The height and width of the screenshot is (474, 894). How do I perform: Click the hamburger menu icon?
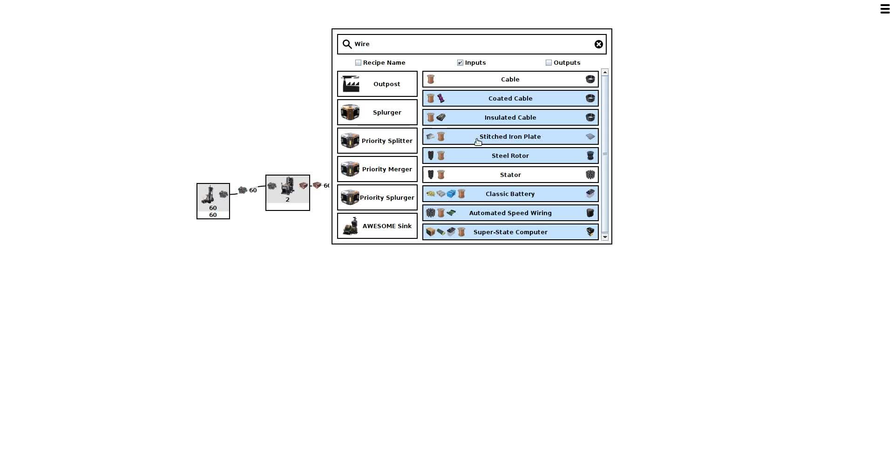(885, 9)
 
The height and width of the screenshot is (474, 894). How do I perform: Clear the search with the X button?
(598, 44)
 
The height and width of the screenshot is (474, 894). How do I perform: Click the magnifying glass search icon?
(347, 44)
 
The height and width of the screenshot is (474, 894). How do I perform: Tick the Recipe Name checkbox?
(358, 63)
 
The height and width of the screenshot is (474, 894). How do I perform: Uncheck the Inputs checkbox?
(460, 63)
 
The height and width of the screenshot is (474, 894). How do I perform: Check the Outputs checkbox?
(549, 63)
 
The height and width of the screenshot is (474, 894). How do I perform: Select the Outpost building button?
(377, 84)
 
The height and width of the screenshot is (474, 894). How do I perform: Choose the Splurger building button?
(377, 113)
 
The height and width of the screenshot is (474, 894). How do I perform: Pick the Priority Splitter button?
(377, 141)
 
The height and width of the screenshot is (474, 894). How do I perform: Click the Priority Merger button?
(377, 169)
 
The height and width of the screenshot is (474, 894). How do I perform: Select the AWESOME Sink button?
(377, 226)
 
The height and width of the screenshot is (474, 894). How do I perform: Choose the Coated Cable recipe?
(510, 99)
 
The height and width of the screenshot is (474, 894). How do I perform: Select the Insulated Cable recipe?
(510, 118)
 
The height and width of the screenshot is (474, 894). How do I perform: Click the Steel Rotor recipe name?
(510, 156)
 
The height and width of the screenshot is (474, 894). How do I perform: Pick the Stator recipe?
(510, 175)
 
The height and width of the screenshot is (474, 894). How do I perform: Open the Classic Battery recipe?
(510, 194)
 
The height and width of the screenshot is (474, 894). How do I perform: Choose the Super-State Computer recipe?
(510, 232)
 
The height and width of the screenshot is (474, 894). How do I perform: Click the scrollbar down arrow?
(605, 237)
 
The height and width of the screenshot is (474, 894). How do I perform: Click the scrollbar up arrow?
(605, 72)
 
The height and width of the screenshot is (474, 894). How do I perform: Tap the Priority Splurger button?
(377, 198)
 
